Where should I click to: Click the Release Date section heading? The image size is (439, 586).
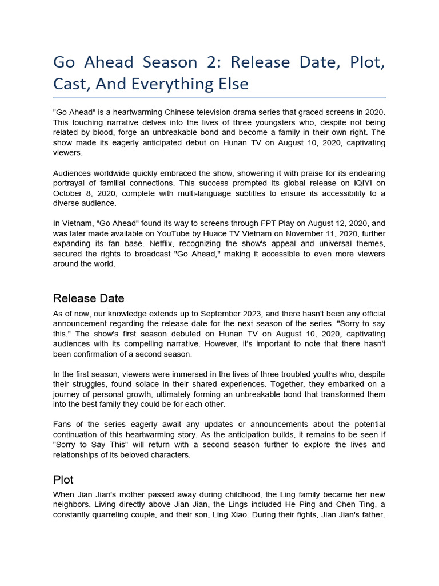[x=89, y=298]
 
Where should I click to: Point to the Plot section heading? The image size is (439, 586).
[x=63, y=480]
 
